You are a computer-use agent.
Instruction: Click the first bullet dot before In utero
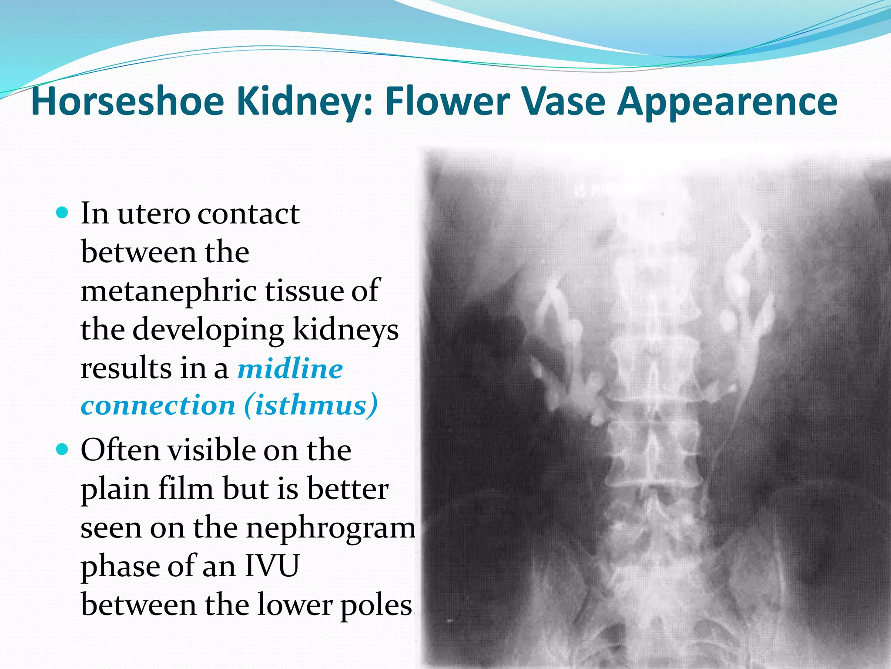63,213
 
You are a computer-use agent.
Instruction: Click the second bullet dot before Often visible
63,449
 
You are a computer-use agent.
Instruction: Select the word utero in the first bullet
154,214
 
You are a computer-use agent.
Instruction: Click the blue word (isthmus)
311,405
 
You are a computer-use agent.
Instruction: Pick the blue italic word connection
158,405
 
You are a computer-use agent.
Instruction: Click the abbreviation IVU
272,566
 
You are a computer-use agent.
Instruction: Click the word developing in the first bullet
208,330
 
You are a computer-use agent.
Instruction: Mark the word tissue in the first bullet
305,291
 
